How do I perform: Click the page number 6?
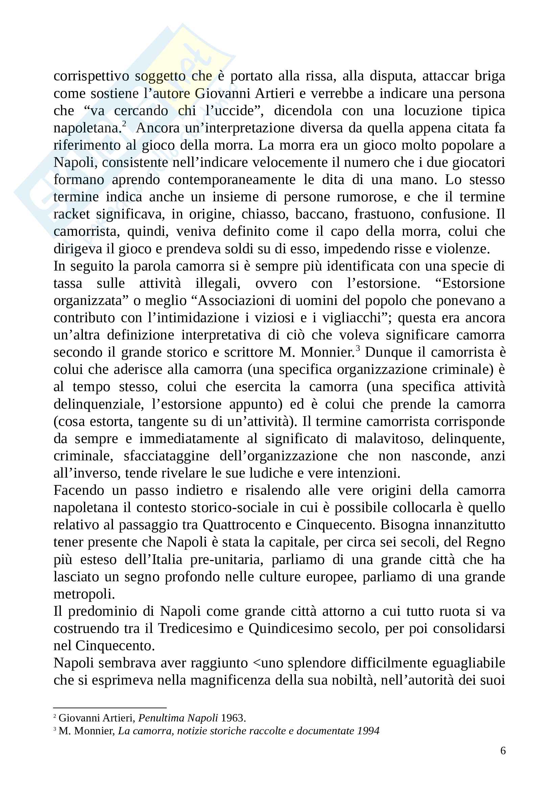point(503,750)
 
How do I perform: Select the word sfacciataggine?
point(166,456)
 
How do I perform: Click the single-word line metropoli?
point(84,594)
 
